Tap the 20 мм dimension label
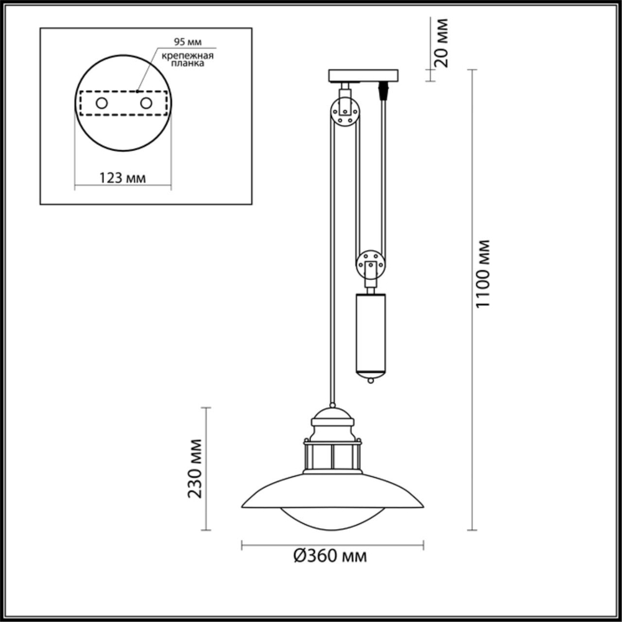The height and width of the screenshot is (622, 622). [x=440, y=42]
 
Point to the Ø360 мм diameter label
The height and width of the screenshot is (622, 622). [x=329, y=555]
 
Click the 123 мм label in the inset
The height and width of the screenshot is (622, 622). [x=123, y=178]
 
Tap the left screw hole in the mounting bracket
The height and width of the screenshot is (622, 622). [x=101, y=103]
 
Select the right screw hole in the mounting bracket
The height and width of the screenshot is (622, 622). [x=146, y=103]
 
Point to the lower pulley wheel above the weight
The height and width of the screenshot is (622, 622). [x=371, y=264]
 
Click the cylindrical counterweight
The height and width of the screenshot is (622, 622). [x=371, y=333]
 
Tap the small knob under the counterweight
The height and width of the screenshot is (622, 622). [x=371, y=379]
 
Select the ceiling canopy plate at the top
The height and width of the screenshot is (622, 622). [x=363, y=75]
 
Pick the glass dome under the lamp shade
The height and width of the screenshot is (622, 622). [x=332, y=519]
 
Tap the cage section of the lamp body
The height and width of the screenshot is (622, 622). [x=332, y=456]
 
